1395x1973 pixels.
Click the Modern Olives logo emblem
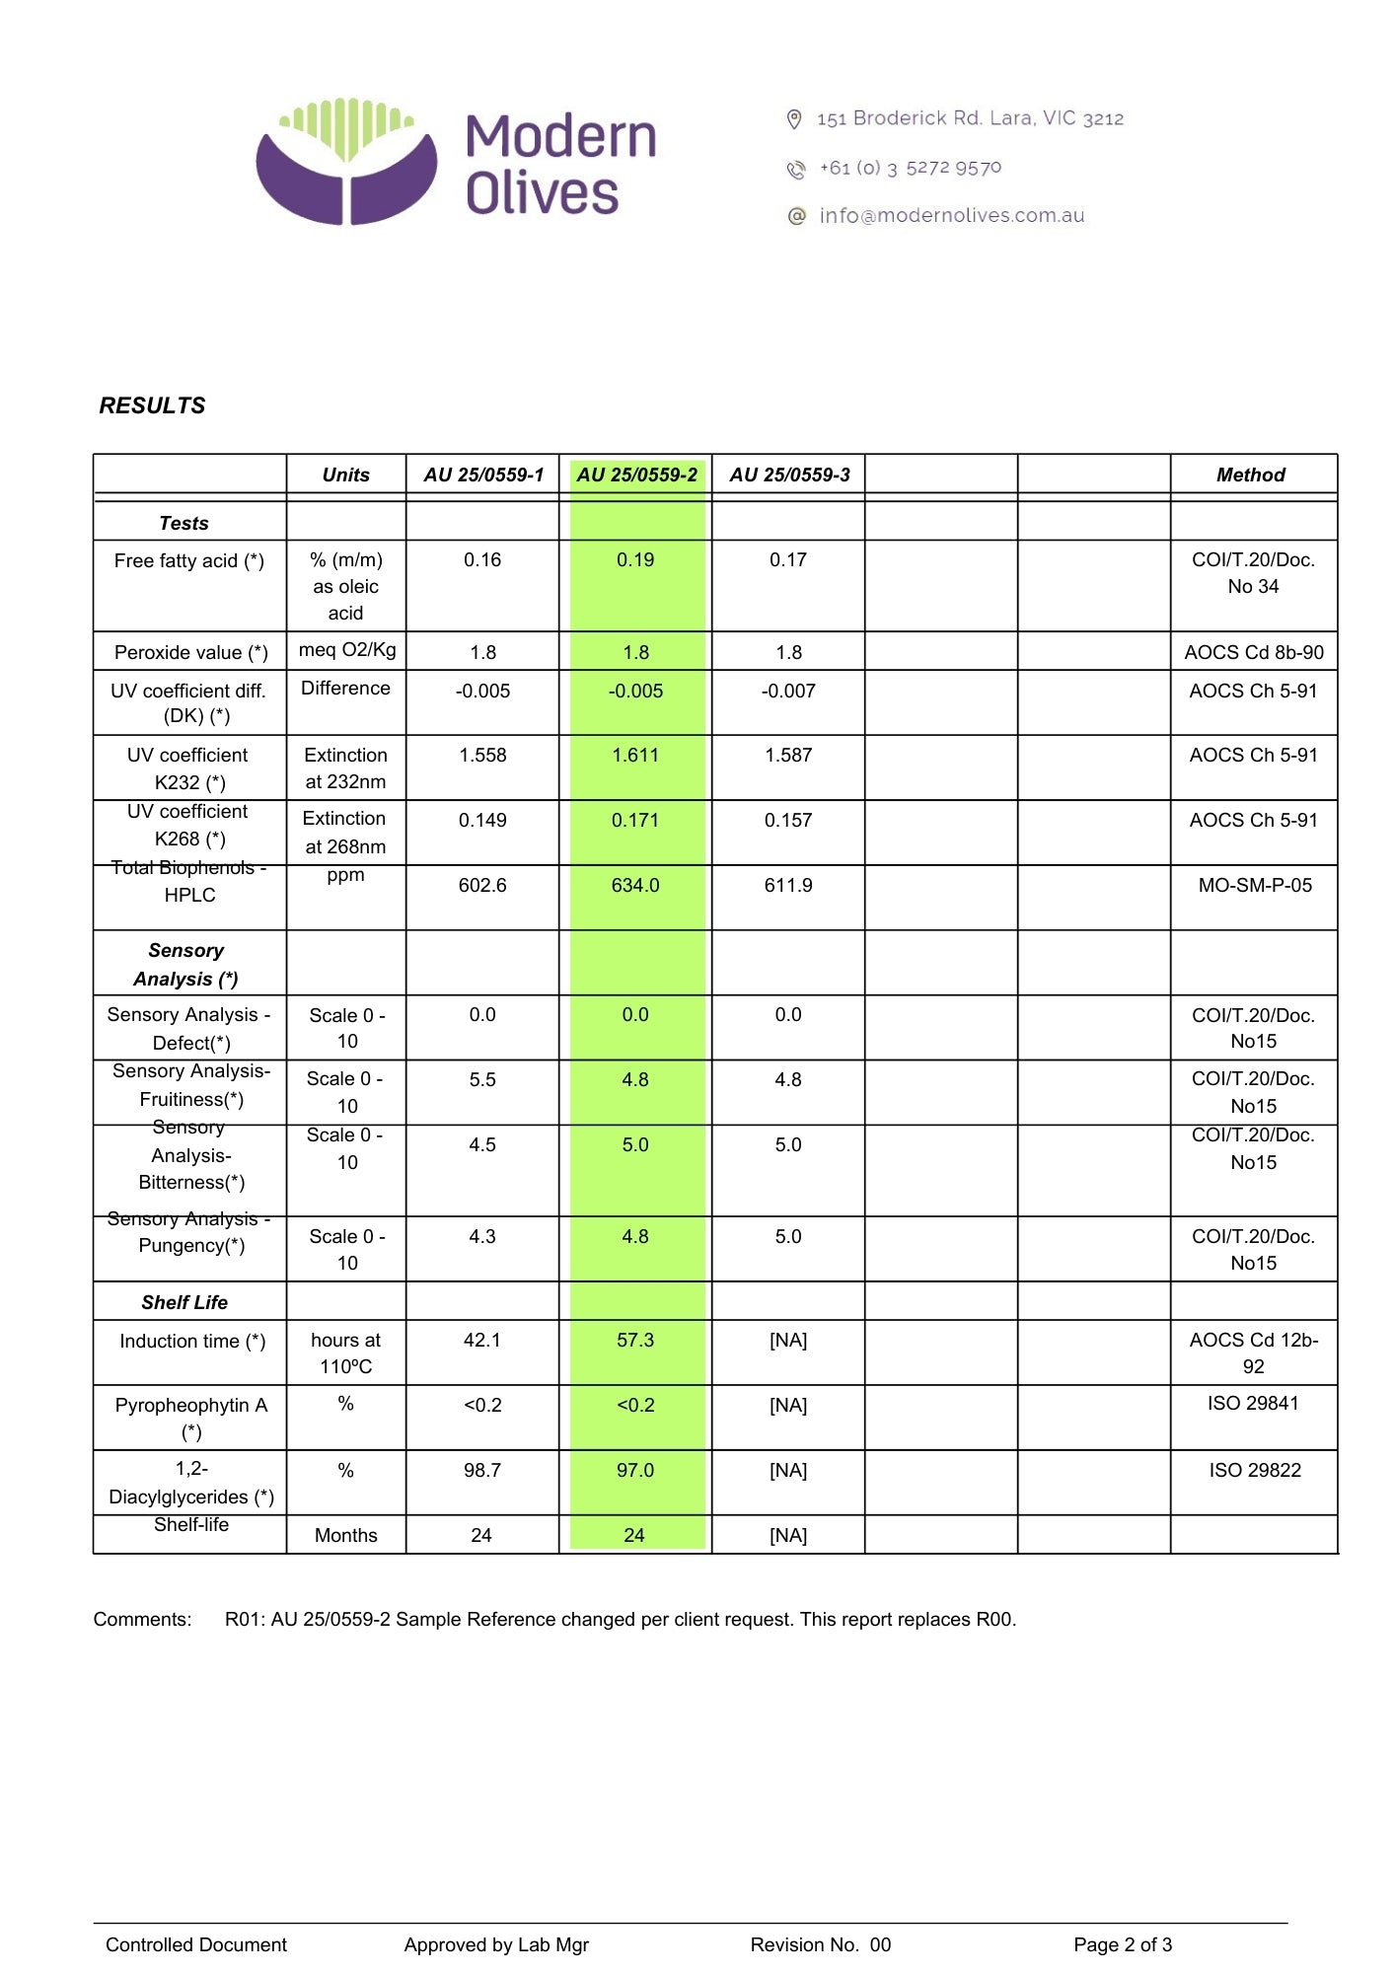pos(346,161)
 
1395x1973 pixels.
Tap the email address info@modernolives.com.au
pos(951,215)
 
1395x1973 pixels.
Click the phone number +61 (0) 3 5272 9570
pos(910,168)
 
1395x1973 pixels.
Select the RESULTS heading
pos(152,405)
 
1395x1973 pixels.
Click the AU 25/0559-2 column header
pos(636,475)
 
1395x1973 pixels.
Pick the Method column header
pos(1250,475)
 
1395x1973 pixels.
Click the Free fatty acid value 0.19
pos(635,559)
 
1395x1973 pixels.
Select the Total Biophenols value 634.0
pos(635,885)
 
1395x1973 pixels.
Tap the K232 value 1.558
pos(482,755)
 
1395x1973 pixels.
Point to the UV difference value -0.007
pos(788,691)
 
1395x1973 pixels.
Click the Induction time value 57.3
pos(635,1340)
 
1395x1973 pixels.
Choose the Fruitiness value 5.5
pos(482,1079)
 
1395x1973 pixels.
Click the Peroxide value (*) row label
pos(190,652)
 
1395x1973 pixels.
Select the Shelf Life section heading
pos(184,1302)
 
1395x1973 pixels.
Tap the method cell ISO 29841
pos(1253,1403)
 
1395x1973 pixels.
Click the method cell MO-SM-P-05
pos(1255,885)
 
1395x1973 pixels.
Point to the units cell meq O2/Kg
pos(347,649)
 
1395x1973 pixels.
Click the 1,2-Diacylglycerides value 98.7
pos(482,1470)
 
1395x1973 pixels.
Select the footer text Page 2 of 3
pos(1123,1944)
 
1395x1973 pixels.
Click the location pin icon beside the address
pos(794,119)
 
